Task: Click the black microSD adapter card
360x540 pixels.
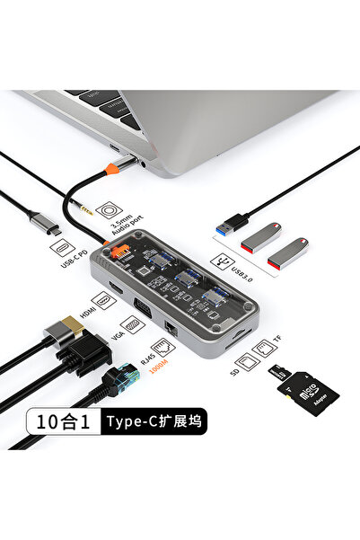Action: click(x=314, y=394)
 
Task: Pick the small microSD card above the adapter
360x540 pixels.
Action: click(x=280, y=372)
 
